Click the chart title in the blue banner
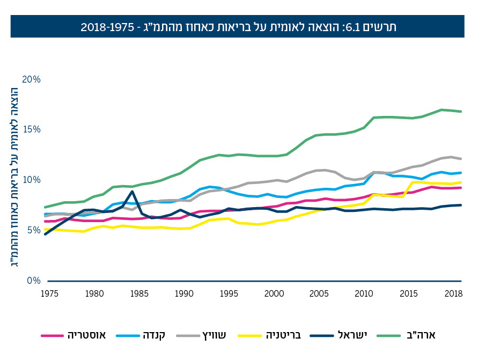tap(239, 27)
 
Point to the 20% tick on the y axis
tap(31, 79)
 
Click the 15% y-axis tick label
tap(31, 130)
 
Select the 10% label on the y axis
tap(31, 180)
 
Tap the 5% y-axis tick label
tap(33, 230)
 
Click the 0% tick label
tap(33, 281)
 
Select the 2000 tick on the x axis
tap(274, 293)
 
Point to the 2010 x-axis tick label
tap(364, 293)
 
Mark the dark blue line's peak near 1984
tap(132, 192)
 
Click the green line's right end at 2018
tap(461, 112)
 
